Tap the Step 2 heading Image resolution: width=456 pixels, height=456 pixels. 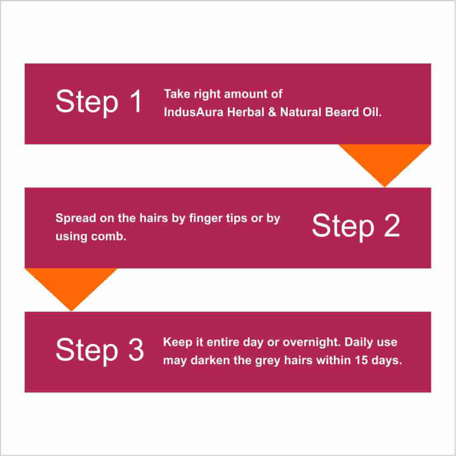pyautogui.click(x=356, y=227)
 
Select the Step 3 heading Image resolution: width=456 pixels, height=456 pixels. pyautogui.click(x=100, y=351)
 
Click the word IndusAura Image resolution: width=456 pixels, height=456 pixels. pyautogui.click(x=193, y=112)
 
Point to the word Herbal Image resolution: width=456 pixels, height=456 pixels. pyautogui.click(x=246, y=112)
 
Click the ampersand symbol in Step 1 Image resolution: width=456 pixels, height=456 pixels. pyautogui.click(x=272, y=112)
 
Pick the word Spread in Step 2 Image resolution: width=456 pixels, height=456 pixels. pyautogui.click(x=76, y=219)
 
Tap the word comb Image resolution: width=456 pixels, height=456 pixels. pyautogui.click(x=108, y=236)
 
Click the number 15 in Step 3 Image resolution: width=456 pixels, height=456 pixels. pyautogui.click(x=361, y=361)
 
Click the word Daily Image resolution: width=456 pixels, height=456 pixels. pyautogui.click(x=359, y=343)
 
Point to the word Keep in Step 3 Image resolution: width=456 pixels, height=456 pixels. pyautogui.click(x=177, y=343)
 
